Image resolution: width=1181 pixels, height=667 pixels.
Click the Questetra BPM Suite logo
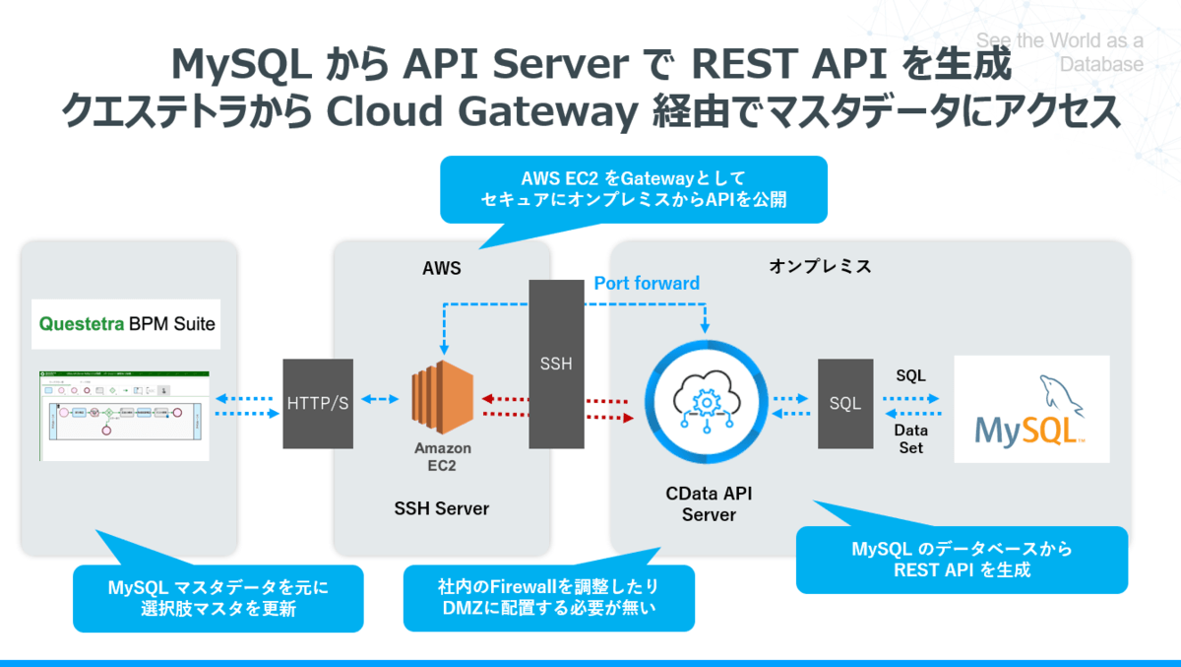coord(126,323)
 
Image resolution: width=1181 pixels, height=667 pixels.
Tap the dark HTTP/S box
coord(317,403)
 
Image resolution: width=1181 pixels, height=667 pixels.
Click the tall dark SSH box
coord(556,364)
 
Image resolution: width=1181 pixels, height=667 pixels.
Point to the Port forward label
coord(647,284)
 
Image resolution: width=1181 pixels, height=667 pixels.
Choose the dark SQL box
coord(845,403)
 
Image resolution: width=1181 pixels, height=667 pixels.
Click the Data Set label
coord(910,439)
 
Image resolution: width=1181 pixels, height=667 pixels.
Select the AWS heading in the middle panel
coord(442,267)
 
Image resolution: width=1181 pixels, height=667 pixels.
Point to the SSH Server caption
coord(442,508)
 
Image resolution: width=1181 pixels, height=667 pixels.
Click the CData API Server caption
coord(709,503)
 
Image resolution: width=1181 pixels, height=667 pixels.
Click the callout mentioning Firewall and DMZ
coord(549,598)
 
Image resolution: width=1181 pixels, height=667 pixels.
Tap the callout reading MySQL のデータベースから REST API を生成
coord(962,560)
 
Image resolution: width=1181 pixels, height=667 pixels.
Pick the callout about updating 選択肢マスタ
coord(218,598)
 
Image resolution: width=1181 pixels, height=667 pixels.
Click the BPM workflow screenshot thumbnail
coord(125,415)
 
